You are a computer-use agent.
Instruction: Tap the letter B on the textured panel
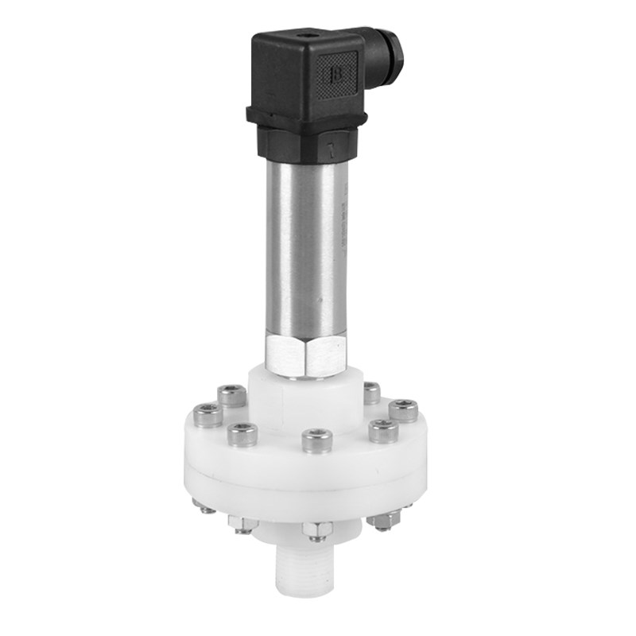pyautogui.click(x=335, y=74)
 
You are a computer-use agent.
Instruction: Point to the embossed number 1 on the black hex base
pyautogui.click(x=331, y=149)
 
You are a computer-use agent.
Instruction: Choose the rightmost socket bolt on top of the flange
pyautogui.click(x=403, y=410)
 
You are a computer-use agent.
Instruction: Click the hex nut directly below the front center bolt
pyautogui.click(x=318, y=530)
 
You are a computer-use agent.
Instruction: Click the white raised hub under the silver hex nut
pyautogui.click(x=306, y=397)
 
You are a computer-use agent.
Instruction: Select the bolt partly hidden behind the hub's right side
pyautogui.click(x=371, y=392)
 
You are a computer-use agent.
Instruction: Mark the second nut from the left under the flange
pyautogui.click(x=241, y=522)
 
